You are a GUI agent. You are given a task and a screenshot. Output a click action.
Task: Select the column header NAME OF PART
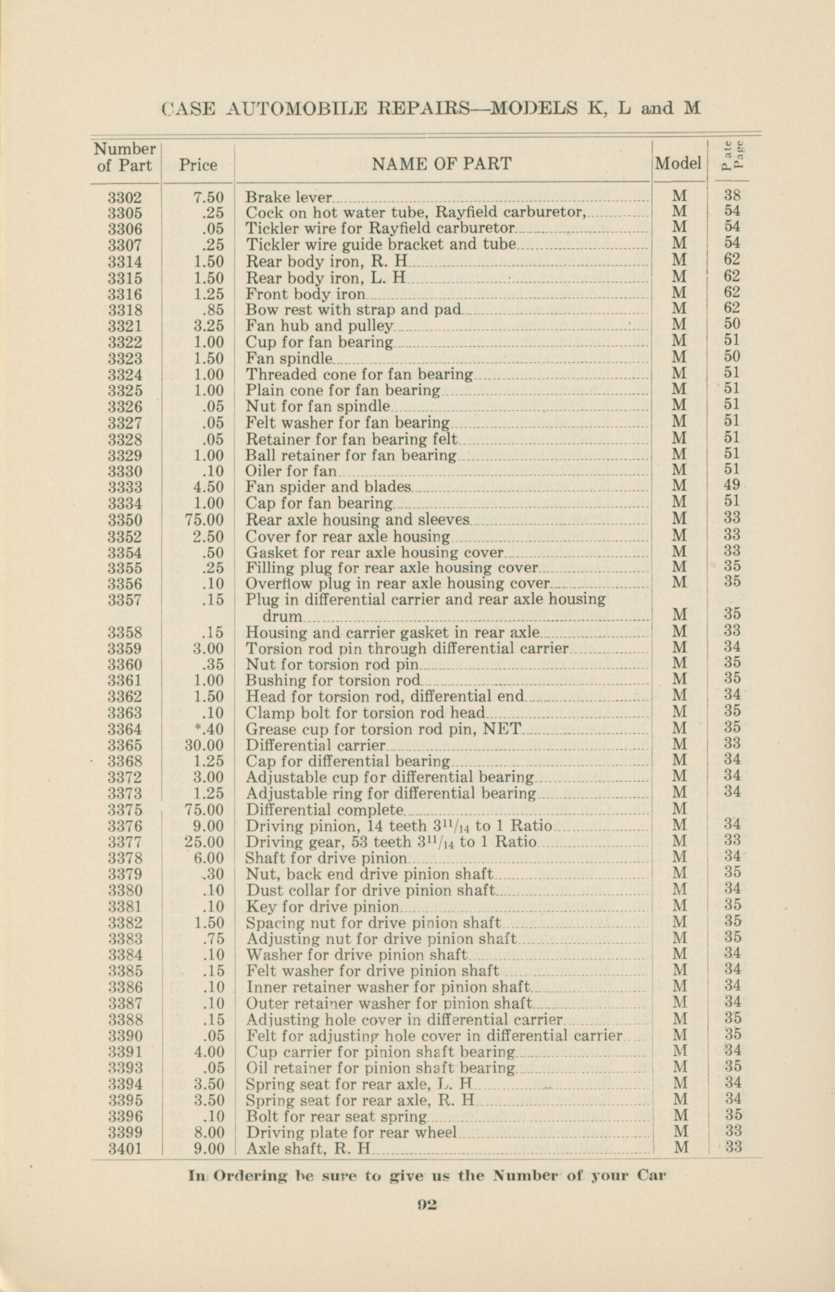[x=441, y=164]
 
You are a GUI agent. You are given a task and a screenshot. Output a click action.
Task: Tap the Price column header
[x=198, y=166]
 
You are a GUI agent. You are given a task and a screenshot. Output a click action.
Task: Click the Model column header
[x=678, y=163]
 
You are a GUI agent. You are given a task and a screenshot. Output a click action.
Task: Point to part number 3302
[x=125, y=197]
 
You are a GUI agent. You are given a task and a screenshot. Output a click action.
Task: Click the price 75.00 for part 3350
[x=204, y=520]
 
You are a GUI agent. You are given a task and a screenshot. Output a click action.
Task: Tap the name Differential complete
[x=325, y=810]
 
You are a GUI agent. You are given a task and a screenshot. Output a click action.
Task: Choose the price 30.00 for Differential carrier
[x=204, y=745]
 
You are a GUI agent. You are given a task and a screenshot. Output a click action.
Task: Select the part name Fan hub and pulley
[x=319, y=326]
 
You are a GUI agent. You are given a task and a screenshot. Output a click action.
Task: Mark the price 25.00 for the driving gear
[x=204, y=842]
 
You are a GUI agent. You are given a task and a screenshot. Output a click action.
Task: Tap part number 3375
[x=125, y=810]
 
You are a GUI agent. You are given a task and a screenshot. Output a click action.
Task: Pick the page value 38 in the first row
[x=733, y=195]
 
